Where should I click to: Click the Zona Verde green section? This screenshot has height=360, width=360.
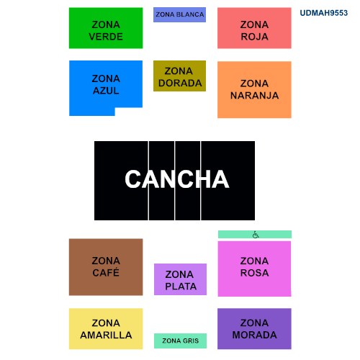pos(106,28)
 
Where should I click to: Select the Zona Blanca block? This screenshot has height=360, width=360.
pos(179,14)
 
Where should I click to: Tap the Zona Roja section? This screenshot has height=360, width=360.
pos(254,28)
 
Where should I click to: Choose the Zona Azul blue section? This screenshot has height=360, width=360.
pos(106,84)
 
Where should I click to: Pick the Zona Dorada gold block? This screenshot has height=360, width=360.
pos(179,76)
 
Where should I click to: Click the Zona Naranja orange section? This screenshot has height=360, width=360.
pos(254,90)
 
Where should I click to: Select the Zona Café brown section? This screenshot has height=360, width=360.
pos(106,267)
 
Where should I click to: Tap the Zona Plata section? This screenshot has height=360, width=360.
pos(180,279)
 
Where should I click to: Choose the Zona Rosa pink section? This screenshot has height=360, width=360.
pos(255,269)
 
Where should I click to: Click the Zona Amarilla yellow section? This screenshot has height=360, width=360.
pos(106,329)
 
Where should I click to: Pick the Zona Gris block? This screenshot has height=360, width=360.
pos(180,341)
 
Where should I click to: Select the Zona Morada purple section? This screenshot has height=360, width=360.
pos(254,329)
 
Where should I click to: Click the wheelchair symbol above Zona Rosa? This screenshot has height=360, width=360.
pos(256,235)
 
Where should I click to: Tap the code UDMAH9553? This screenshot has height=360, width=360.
pos(324,13)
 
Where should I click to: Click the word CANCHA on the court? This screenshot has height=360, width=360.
pos(177,179)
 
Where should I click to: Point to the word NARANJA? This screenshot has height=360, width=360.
pos(254,96)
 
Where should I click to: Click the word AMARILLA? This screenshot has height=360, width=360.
pos(106,335)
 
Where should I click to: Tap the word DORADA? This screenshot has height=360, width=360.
pos(180,83)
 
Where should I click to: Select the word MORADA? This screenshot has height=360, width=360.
pos(254,335)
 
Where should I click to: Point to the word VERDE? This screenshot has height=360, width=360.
pos(106,37)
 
